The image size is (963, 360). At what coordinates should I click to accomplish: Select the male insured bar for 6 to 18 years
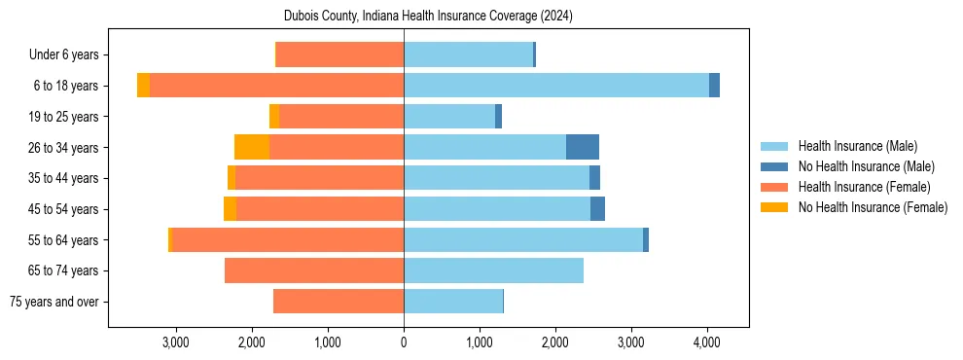[x=556, y=86]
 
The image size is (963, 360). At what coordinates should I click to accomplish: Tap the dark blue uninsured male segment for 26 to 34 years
[x=583, y=147]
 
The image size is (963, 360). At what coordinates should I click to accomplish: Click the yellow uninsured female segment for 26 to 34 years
[x=252, y=147]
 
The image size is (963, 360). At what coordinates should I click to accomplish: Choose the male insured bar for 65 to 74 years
[x=493, y=270]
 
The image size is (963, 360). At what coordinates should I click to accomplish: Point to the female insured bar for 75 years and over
[x=339, y=302]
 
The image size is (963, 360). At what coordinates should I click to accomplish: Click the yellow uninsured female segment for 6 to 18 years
[x=143, y=86]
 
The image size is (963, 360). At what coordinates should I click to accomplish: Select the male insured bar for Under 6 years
[x=468, y=54]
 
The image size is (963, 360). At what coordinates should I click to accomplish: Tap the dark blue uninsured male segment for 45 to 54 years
[x=597, y=209]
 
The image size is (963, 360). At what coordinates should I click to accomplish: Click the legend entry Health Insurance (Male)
[x=857, y=146]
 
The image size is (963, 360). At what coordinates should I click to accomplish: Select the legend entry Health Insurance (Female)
[x=864, y=187]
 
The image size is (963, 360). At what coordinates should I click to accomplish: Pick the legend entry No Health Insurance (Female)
[x=873, y=207]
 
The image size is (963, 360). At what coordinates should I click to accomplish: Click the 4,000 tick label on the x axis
[x=707, y=342]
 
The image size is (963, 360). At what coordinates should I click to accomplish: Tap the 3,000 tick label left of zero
[x=176, y=342]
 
